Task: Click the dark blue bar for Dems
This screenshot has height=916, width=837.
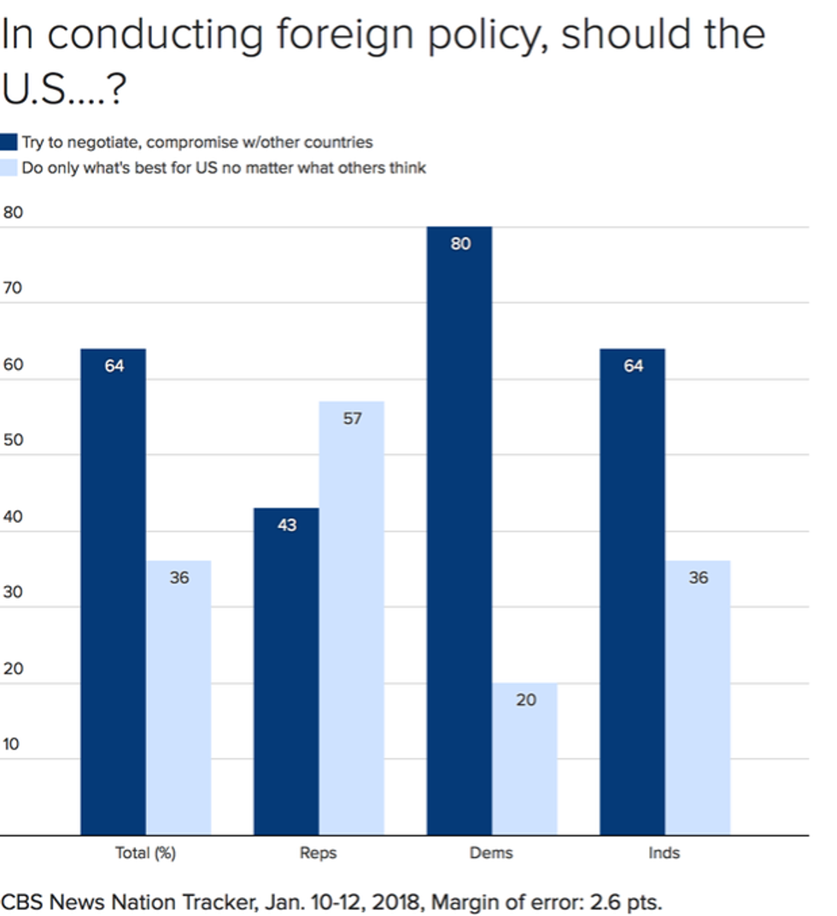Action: point(459,530)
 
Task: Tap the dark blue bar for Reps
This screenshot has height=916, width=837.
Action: point(286,671)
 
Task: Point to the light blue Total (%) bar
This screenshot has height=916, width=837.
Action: point(179,697)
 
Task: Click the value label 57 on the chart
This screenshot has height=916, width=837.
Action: point(352,419)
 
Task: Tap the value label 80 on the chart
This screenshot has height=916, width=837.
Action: point(460,244)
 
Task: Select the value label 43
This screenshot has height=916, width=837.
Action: point(287,525)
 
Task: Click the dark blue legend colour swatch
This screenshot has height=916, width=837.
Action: point(9,143)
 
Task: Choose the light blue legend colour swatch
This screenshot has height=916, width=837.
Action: point(9,167)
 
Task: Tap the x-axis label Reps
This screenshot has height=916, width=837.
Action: point(319,853)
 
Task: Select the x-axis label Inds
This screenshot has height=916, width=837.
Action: point(664,853)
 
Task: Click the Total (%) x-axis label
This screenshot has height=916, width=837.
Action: point(145,853)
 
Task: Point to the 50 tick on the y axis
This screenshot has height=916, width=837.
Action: point(13,441)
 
